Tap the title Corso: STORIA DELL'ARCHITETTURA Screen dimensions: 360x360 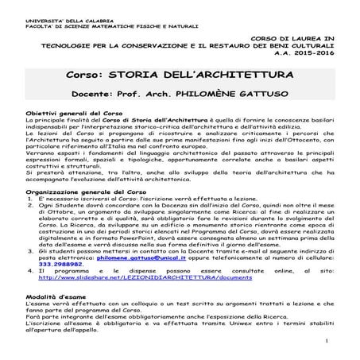[x=180, y=75]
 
